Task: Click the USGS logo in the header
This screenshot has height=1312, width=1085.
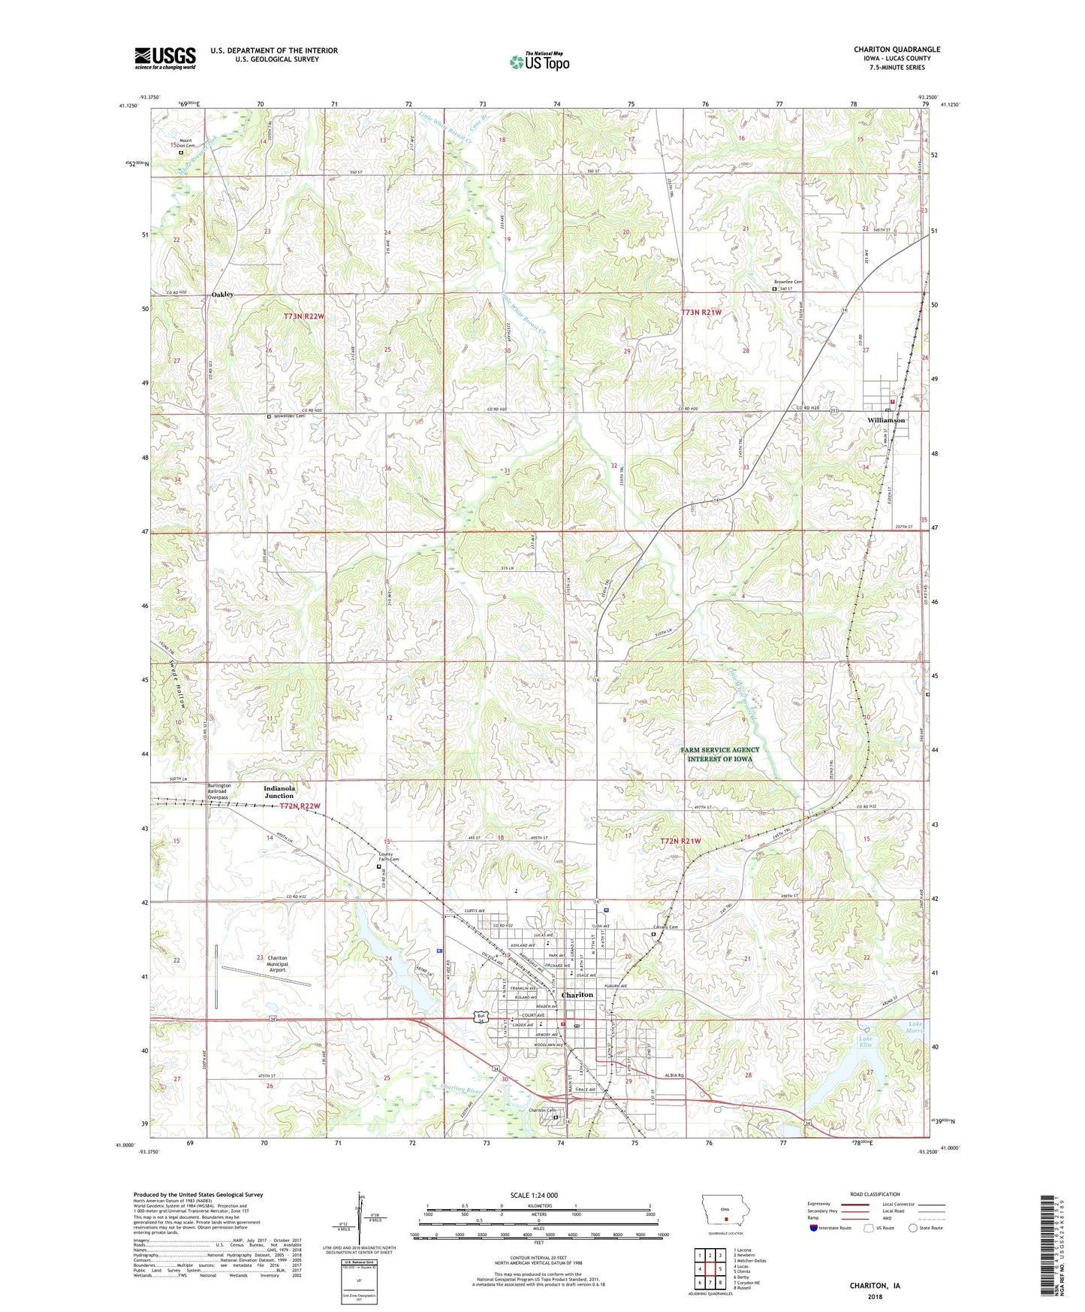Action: [165, 57]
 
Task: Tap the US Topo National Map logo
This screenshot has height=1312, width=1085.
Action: [539, 62]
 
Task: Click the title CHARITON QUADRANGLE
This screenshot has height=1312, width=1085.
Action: [897, 50]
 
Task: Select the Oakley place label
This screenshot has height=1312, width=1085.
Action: [222, 295]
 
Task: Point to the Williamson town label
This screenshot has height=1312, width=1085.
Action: [886, 421]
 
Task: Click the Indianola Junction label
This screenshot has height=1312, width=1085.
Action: [279, 792]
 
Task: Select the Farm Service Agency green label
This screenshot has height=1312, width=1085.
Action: [720, 754]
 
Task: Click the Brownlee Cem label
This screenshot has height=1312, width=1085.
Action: [788, 282]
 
